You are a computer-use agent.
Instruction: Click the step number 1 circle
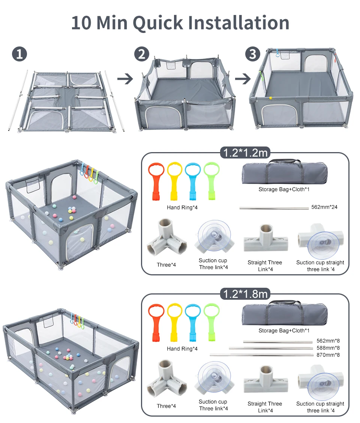coord(19,54)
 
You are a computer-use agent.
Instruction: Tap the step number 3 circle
coord(253,54)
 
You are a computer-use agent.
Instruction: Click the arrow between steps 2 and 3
coord(243,79)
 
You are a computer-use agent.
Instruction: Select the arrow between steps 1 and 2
coord(125,79)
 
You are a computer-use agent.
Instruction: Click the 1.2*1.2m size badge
coord(245,153)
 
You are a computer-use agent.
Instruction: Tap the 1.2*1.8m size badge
coord(245,294)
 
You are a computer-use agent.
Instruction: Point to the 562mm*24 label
coord(324,207)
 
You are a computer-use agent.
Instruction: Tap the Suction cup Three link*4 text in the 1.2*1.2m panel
coord(213,264)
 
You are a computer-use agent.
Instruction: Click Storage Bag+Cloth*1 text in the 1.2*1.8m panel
coord(284,330)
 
